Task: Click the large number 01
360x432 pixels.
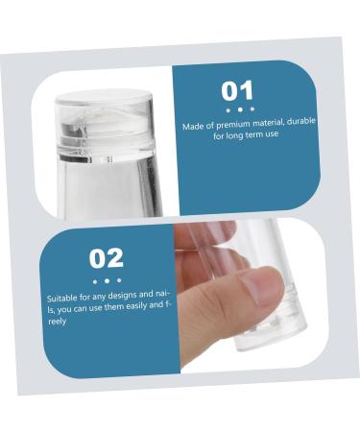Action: (x=238, y=92)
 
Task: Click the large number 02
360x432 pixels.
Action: (x=107, y=257)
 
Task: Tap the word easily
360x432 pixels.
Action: (x=129, y=305)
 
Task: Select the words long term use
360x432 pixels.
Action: (x=255, y=135)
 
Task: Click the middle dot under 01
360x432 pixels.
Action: (x=239, y=109)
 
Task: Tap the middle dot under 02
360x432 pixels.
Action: (x=107, y=280)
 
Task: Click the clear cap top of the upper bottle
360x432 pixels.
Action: (x=105, y=98)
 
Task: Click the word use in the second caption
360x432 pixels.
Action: (x=94, y=307)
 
